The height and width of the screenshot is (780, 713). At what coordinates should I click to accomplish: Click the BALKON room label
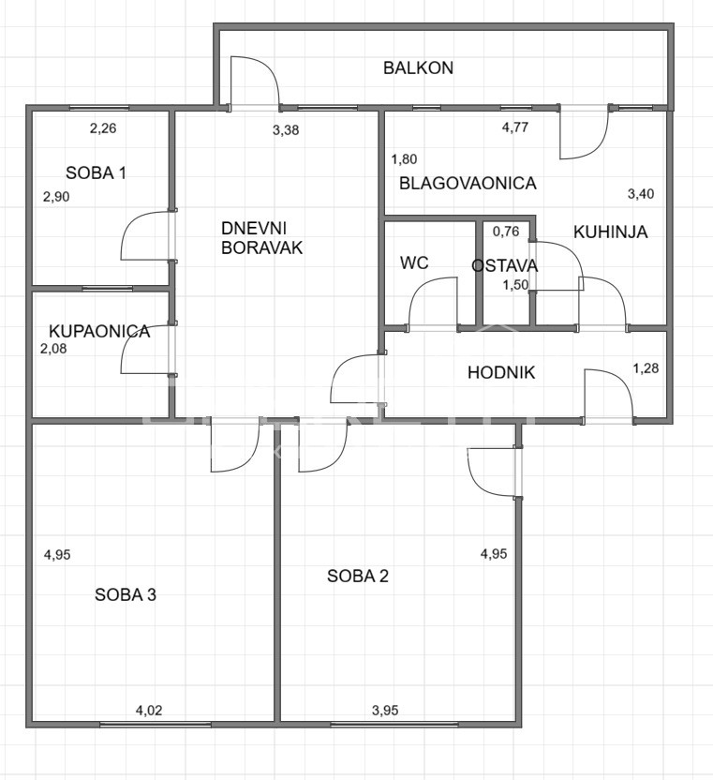[418, 68]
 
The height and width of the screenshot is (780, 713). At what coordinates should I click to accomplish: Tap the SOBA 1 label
[96, 173]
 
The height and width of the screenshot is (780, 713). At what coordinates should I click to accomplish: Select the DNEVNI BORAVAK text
[261, 238]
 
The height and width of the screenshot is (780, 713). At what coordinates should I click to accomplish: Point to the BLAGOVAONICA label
[468, 183]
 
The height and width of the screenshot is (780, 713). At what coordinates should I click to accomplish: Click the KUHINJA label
[611, 232]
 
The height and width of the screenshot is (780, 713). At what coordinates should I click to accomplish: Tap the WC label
[414, 262]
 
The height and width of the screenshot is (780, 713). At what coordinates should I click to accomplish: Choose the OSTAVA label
[505, 265]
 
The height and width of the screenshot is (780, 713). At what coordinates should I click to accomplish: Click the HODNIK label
[501, 372]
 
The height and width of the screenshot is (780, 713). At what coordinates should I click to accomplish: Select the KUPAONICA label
[99, 331]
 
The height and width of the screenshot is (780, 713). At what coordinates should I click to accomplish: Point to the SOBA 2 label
[358, 576]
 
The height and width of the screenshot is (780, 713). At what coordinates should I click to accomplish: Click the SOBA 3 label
[126, 594]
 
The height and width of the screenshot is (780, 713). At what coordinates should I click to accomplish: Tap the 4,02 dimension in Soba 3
[149, 711]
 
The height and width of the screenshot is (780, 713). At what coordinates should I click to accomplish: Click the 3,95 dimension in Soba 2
[385, 711]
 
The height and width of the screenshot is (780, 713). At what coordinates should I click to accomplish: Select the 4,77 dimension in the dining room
[515, 127]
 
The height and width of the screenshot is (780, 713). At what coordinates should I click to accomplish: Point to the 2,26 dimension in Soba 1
[103, 128]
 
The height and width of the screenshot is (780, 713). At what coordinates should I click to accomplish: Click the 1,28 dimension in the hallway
[646, 368]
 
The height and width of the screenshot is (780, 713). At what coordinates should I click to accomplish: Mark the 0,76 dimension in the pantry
[506, 232]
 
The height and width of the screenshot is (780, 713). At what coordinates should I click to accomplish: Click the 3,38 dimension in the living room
[286, 130]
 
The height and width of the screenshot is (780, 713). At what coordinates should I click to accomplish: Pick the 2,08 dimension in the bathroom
[53, 349]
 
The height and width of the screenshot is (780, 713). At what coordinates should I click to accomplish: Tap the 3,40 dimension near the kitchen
[641, 193]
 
